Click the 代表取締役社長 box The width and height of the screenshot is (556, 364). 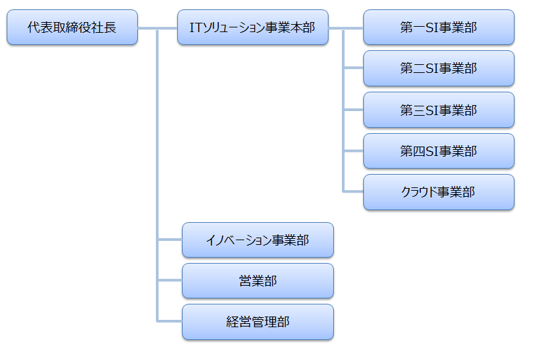[x=72, y=27]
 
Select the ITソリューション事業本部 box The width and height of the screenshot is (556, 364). [x=253, y=27]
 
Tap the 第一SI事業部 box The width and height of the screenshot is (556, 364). [x=438, y=27]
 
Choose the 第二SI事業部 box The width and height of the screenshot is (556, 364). [x=438, y=68]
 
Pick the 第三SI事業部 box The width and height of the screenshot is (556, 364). [x=438, y=110]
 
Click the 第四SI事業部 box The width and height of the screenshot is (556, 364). [x=438, y=151]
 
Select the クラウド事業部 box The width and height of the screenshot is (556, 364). [x=438, y=192]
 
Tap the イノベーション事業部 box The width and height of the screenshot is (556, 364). [x=258, y=240]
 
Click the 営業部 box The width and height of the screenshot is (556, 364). [x=258, y=281]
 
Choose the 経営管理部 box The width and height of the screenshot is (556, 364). [x=258, y=322]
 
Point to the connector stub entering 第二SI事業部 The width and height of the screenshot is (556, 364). [x=353, y=68]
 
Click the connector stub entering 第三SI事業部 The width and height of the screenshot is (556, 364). [x=353, y=110]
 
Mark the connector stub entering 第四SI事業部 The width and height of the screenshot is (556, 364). [x=353, y=151]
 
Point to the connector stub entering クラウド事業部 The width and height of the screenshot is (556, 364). [x=353, y=192]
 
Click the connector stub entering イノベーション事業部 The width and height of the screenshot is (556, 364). [x=170, y=240]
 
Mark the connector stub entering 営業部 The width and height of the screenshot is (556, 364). [x=170, y=281]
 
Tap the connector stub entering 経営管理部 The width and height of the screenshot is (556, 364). [x=170, y=322]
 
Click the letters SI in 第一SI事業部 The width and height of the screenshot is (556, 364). [x=431, y=27]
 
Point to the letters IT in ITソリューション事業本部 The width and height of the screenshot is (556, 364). [x=197, y=27]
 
